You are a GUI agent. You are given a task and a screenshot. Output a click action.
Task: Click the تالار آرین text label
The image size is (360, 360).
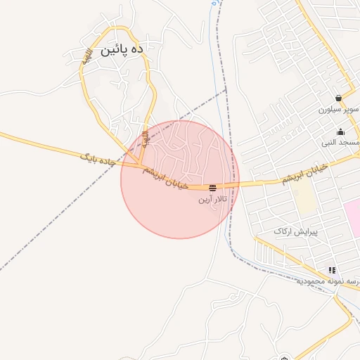212,200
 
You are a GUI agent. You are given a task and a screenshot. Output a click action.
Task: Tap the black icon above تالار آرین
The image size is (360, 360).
212,188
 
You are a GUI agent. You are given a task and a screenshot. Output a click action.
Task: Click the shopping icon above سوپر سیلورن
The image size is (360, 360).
339,98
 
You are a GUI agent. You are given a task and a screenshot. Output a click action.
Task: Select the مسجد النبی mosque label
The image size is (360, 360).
341,143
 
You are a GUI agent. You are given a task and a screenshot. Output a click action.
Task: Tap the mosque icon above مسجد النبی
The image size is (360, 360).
341,131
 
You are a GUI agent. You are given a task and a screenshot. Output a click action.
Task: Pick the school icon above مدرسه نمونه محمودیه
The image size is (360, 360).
331,270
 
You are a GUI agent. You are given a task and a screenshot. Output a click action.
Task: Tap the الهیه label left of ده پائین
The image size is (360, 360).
86,60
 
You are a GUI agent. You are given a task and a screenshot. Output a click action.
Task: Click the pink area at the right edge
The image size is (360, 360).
352,218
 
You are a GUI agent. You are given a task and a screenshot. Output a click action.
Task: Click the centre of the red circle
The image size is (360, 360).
180,179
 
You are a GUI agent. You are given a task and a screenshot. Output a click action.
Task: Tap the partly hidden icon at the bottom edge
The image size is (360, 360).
283,356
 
